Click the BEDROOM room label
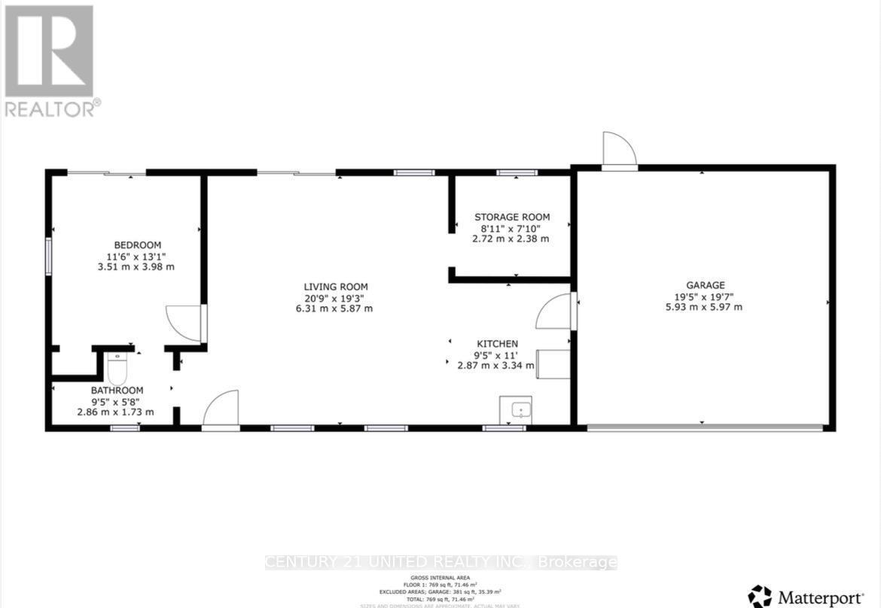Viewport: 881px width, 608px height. coord(137,245)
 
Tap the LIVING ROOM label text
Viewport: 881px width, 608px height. coord(335,287)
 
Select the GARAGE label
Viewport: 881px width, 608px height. coord(705,285)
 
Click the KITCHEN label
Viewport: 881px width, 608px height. coord(496,344)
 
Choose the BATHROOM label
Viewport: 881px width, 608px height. coord(117,391)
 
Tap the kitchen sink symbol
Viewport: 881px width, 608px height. coord(516,410)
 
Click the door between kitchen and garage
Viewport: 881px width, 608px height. coord(556,312)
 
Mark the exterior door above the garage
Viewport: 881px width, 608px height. coord(619,150)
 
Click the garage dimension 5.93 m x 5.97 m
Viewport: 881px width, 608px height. coord(705,307)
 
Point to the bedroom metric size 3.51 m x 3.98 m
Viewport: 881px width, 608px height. coord(137,266)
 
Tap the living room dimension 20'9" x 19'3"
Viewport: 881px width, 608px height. coord(335,298)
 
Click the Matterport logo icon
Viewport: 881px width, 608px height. coord(760,596)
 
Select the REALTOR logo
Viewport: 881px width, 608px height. coord(50,60)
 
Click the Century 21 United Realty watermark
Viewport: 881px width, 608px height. coord(441,562)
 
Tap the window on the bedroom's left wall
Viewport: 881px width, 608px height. coord(48,256)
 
